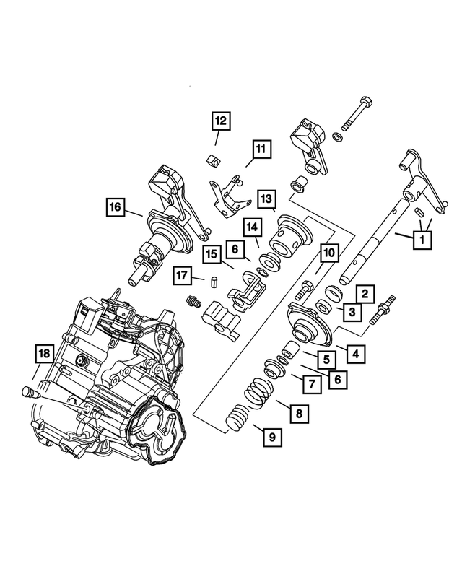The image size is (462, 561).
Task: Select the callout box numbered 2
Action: click(366, 293)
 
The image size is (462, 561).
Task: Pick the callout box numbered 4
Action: click(354, 353)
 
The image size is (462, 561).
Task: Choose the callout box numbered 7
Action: click(310, 385)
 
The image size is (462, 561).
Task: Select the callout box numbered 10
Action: click(328, 253)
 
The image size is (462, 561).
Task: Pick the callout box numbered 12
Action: click(219, 121)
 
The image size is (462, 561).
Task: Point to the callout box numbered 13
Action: click(266, 198)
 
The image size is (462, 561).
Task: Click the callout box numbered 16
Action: click(115, 206)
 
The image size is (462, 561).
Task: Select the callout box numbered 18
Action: click(44, 353)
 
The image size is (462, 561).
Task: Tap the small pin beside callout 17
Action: click(214, 282)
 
